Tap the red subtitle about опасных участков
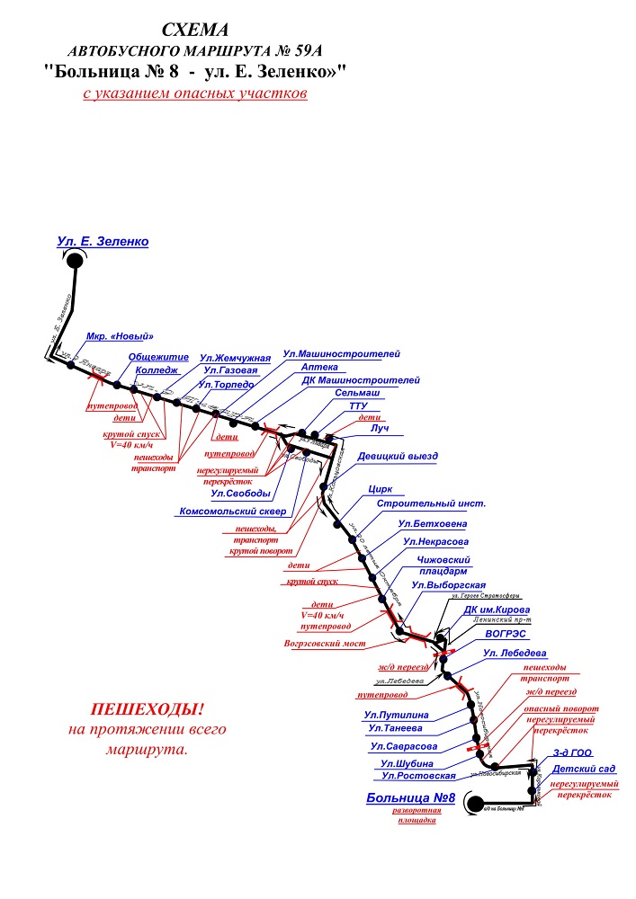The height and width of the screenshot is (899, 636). [195, 93]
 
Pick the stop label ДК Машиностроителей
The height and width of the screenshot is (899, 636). [361, 380]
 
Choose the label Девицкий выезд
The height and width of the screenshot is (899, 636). [397, 457]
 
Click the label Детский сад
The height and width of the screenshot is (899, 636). [584, 770]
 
